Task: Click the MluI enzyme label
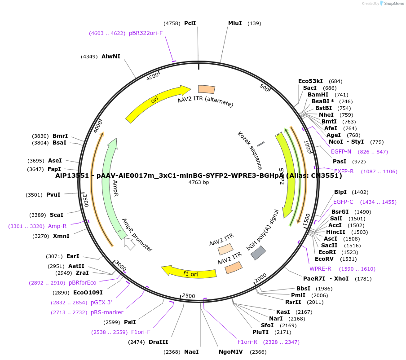(x=235, y=23)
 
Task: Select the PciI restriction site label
(x=190, y=23)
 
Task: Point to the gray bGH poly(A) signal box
(x=258, y=253)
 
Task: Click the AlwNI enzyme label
(x=111, y=57)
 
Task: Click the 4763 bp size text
(x=199, y=182)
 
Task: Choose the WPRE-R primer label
(x=320, y=269)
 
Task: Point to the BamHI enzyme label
(x=318, y=95)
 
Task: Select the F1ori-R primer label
(x=247, y=342)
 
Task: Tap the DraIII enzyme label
(x=159, y=342)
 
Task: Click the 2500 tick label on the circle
(x=189, y=296)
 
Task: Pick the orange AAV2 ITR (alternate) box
(x=206, y=89)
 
